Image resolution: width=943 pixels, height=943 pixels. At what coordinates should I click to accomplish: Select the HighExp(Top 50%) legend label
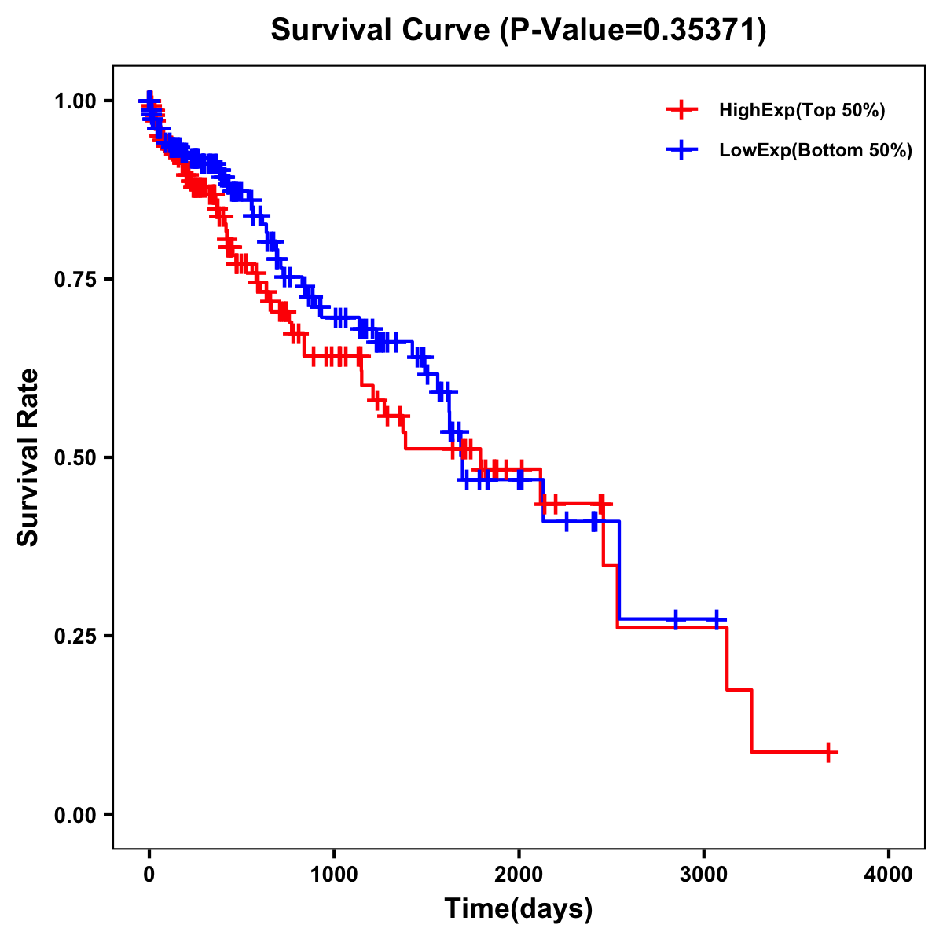pos(802,111)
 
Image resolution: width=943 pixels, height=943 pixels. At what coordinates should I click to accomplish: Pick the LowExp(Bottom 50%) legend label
pos(816,151)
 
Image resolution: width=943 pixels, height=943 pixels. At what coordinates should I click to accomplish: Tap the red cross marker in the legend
pos(682,111)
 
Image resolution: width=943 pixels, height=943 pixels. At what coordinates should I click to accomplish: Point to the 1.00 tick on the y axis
pos(77,101)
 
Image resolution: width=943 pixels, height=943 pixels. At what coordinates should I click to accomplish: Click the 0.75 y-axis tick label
pos(77,279)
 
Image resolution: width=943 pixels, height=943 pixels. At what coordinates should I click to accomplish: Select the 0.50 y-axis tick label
pos(77,457)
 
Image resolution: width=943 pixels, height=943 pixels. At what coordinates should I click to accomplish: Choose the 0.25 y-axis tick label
pos(77,636)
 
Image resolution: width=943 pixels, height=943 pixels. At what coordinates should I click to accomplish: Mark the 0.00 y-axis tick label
pos(77,814)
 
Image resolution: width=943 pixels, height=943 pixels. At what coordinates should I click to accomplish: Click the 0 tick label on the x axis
pos(149,875)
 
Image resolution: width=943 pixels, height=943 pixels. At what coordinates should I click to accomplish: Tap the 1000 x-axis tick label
pos(334,875)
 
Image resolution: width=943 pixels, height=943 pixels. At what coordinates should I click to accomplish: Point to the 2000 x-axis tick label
pos(519,875)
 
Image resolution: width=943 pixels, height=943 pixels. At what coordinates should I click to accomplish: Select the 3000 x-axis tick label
pos(704,875)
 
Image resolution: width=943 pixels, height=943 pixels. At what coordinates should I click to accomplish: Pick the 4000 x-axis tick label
pos(889,875)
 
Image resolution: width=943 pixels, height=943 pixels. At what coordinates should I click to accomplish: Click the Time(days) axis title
pos(519,909)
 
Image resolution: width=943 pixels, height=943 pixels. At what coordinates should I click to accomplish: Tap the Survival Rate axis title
pos(28,457)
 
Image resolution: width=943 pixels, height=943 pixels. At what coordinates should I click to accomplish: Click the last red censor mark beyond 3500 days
pos(827,752)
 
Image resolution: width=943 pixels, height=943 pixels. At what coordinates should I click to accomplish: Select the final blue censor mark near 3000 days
pos(715,619)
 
